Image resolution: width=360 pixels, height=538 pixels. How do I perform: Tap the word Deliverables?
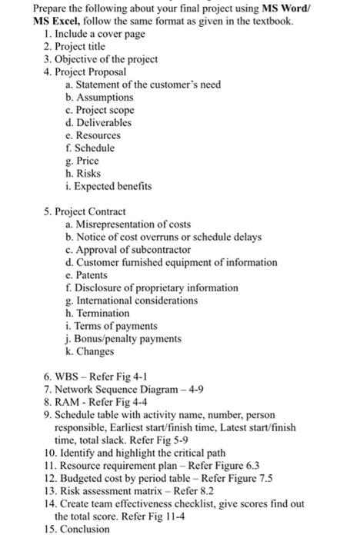pyautogui.click(x=104, y=122)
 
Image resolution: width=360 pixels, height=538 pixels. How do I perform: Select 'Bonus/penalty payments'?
pyautogui.click(x=126, y=338)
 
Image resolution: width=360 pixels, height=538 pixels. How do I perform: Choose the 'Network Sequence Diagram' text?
pyautogui.click(x=115, y=389)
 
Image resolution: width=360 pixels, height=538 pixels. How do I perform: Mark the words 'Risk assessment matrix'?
pyautogui.click(x=108, y=491)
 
